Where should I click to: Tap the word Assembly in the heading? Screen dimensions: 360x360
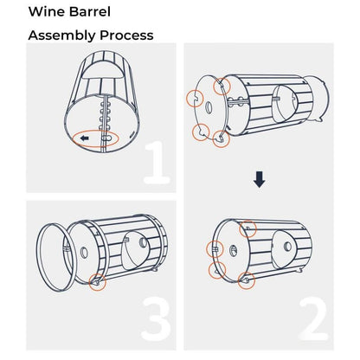coord(62,35)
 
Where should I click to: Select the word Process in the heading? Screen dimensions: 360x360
coord(126,35)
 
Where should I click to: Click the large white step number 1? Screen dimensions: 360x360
coord(157,163)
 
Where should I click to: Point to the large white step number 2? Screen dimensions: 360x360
coord(313,319)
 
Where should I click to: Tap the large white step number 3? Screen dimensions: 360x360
coord(156,319)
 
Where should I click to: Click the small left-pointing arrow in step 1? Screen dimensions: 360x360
coord(85,138)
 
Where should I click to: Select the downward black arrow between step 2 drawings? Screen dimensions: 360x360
coord(259,179)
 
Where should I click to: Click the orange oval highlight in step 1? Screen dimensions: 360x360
coord(95,131)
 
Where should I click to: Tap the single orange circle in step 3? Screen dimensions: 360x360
coord(98,282)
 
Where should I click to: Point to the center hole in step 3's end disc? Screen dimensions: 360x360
coord(84,253)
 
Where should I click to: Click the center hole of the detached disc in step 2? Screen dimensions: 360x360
coord(209,107)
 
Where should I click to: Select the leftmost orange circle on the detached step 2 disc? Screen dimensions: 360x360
coord(196,99)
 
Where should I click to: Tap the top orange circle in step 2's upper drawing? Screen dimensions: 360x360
coord(222,86)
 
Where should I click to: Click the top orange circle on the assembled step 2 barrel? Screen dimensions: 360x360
coord(247,228)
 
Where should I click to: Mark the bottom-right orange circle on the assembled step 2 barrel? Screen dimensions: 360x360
coord(247,280)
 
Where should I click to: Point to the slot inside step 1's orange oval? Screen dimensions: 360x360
coord(106,138)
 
